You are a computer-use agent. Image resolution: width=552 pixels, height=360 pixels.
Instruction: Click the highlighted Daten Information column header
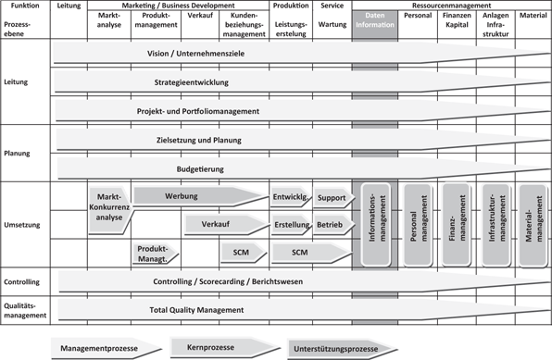[375, 22]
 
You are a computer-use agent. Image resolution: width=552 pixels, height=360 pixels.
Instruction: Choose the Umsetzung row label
[21, 225]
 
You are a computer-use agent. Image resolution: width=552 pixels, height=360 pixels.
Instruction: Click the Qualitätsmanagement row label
[25, 310]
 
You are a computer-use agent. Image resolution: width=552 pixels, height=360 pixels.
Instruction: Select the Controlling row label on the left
[21, 281]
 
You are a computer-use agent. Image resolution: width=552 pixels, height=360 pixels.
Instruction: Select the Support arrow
[332, 198]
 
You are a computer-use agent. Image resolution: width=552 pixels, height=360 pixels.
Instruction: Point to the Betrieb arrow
[331, 225]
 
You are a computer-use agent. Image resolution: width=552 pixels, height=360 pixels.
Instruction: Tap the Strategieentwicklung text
[191, 82]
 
